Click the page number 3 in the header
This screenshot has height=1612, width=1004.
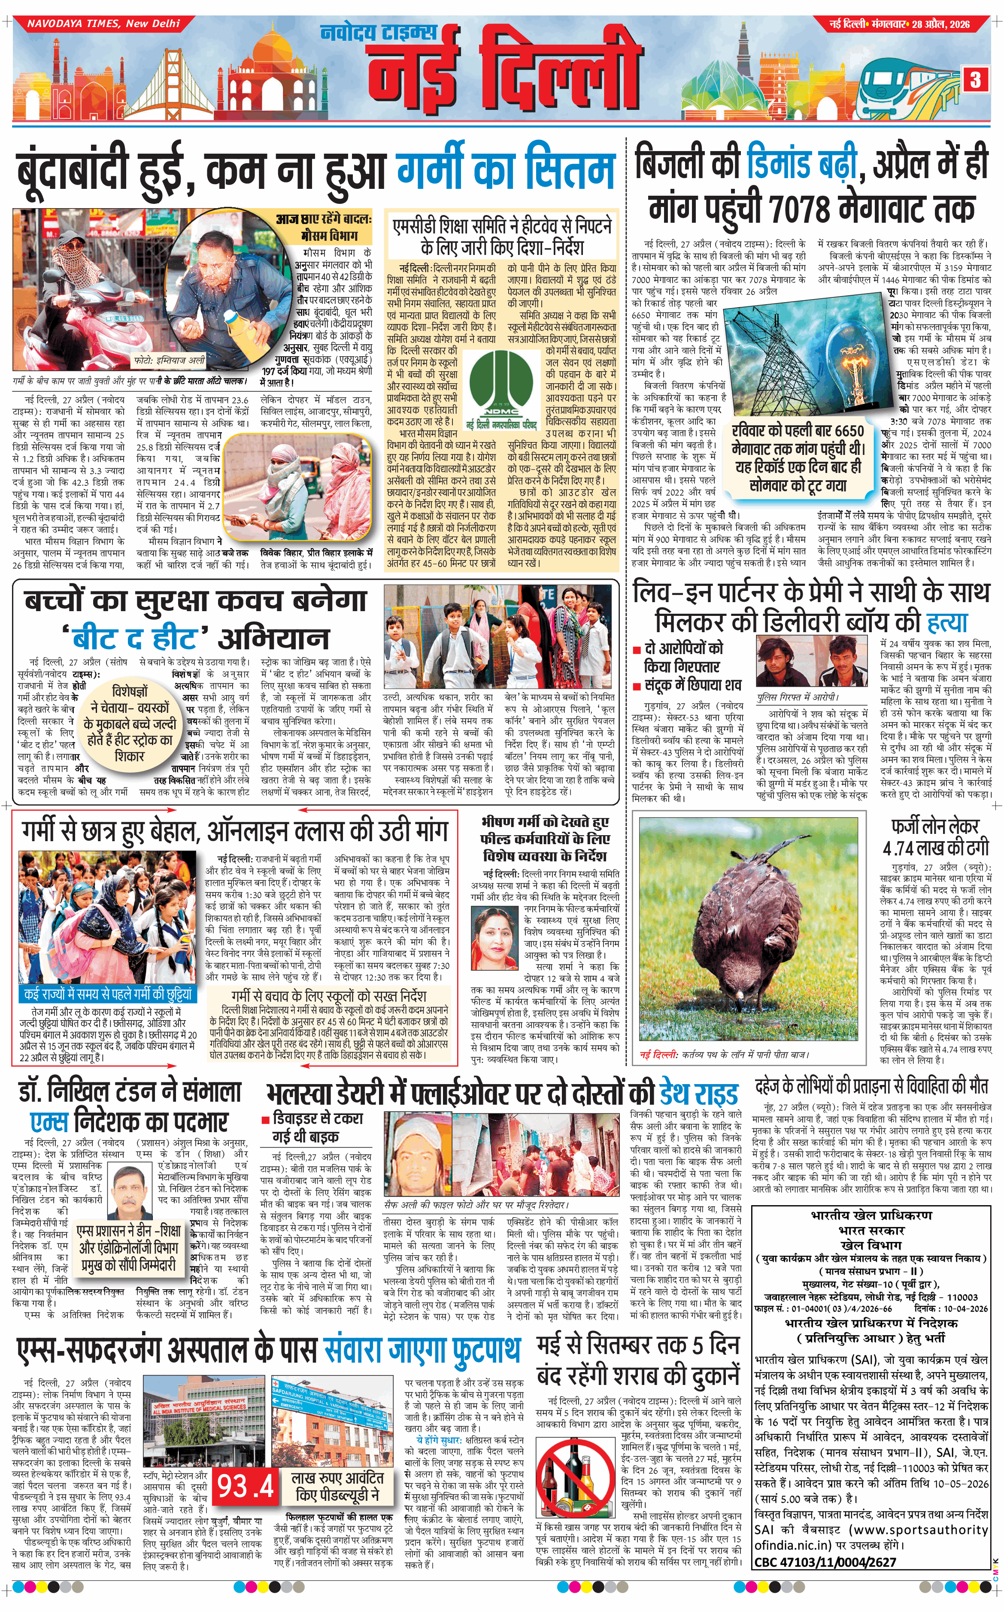tap(975, 80)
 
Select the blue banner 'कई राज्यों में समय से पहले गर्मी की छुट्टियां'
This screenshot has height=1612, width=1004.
tap(108, 994)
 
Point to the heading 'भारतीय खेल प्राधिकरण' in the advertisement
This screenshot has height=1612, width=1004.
tap(871, 1215)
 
